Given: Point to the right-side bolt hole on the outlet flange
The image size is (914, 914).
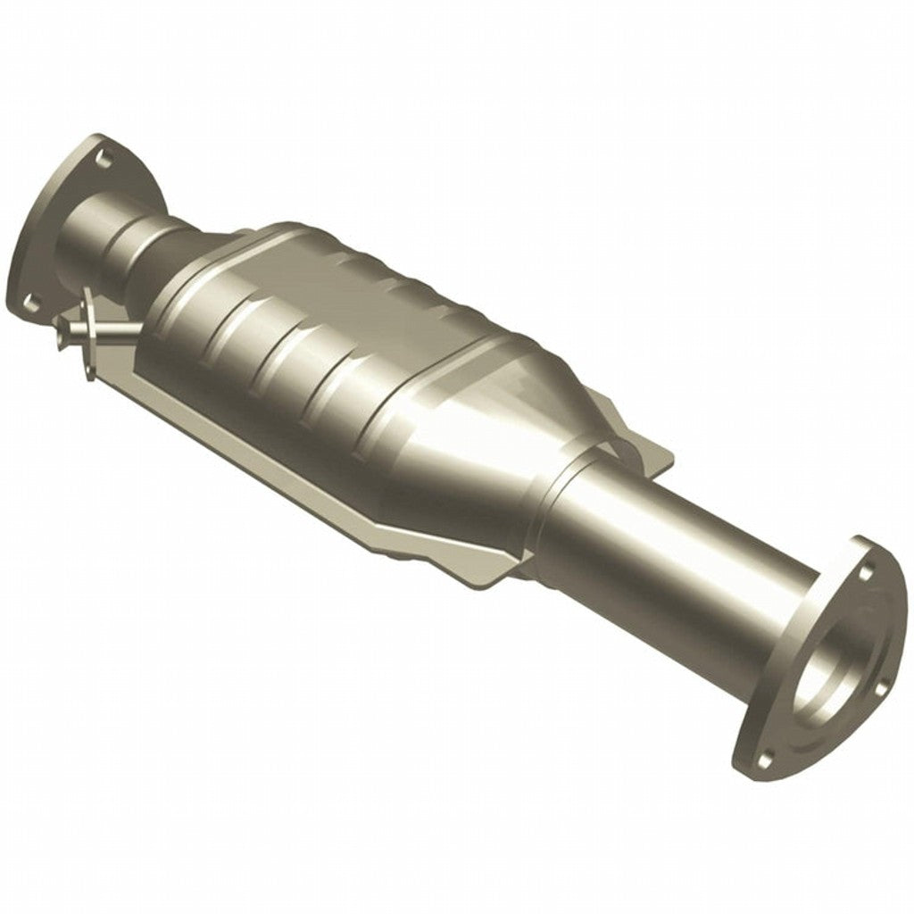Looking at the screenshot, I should [x=883, y=685].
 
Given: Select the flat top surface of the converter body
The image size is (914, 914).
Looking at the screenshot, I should [x=375, y=268].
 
